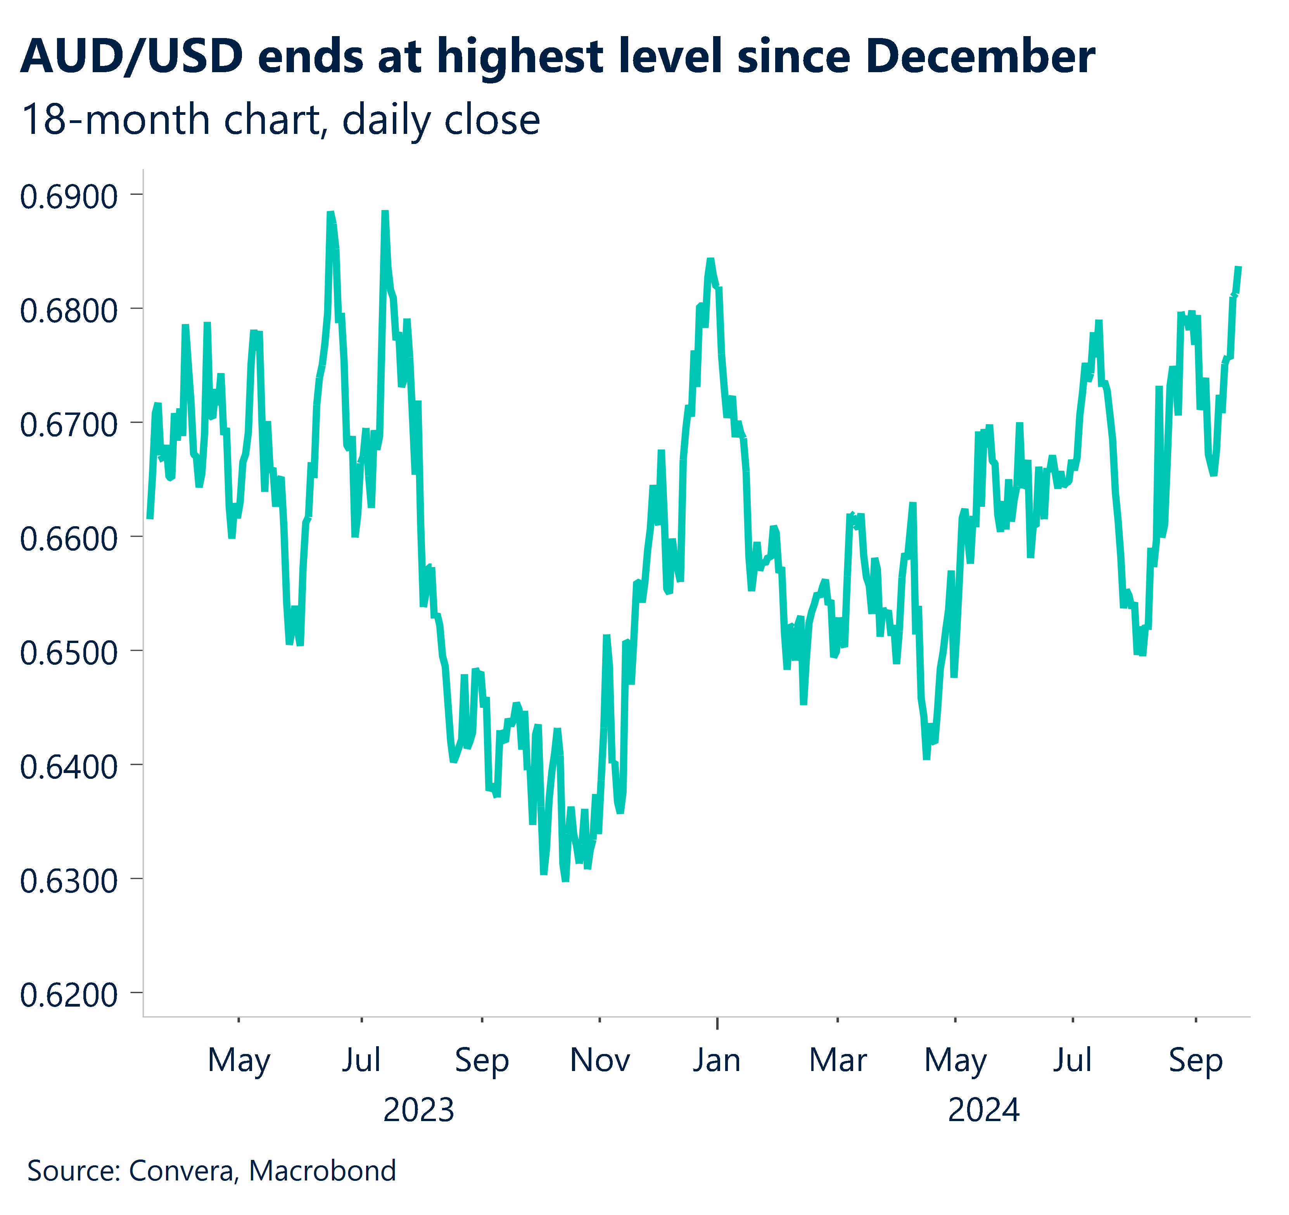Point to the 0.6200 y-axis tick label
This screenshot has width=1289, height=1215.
click(x=69, y=995)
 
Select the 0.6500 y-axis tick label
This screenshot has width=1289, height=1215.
click(x=69, y=653)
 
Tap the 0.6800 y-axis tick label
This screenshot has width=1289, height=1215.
click(x=69, y=311)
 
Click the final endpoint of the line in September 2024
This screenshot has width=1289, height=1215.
click(x=1239, y=267)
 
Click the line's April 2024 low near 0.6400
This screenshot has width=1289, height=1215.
click(x=926, y=757)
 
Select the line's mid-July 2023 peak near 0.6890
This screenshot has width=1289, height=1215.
click(x=385, y=212)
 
